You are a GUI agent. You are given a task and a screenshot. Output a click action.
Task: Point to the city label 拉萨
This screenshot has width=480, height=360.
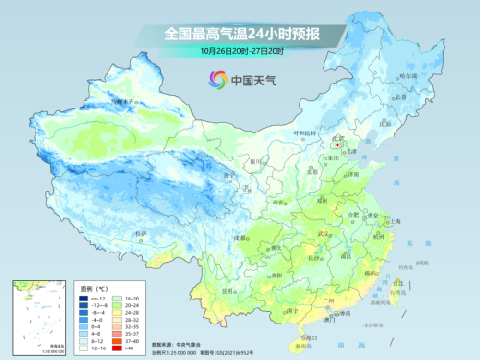pyautogui.click(x=141, y=233)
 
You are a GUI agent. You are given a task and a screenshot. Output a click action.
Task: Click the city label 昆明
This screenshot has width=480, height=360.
pyautogui.click(x=227, y=288)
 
